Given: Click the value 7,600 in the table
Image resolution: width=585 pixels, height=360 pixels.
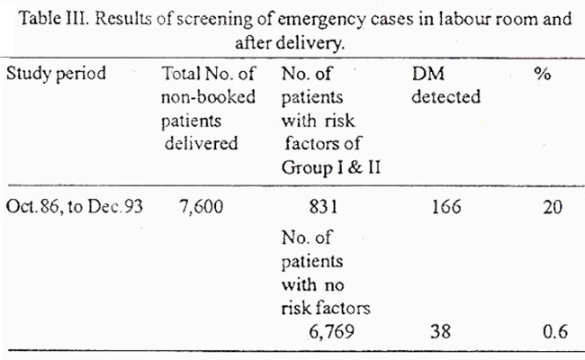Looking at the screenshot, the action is point(201,207).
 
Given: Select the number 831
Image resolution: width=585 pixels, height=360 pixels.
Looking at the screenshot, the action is point(323,207).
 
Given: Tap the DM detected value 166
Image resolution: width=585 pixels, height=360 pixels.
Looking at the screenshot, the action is point(446,207).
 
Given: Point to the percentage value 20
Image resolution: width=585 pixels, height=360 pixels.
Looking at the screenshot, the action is point(553,207).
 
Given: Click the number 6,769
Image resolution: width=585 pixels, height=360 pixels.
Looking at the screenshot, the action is point(332,331).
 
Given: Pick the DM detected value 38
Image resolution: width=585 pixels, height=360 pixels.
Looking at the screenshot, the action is point(441,331).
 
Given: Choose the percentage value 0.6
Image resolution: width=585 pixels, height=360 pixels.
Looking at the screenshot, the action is point(555,331).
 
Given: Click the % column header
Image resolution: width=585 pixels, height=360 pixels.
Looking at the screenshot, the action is point(542,74).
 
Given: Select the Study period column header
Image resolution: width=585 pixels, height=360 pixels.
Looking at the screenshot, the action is point(56,74).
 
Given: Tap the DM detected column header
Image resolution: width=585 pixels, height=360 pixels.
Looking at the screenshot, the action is point(445,85).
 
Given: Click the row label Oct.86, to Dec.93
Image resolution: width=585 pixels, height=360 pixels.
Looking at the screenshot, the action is point(74,207).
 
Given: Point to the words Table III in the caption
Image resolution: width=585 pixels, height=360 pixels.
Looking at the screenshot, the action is point(53,18).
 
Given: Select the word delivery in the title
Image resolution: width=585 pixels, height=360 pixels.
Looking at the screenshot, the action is point(310,44).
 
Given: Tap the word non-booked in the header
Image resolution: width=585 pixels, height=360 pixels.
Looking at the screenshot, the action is point(208,97).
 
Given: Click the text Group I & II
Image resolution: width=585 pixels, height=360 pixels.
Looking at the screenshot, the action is point(331,167).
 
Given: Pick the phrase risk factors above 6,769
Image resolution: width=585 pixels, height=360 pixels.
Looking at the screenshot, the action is point(326,308).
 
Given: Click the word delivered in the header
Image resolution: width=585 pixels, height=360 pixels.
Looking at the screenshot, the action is point(201,143).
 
